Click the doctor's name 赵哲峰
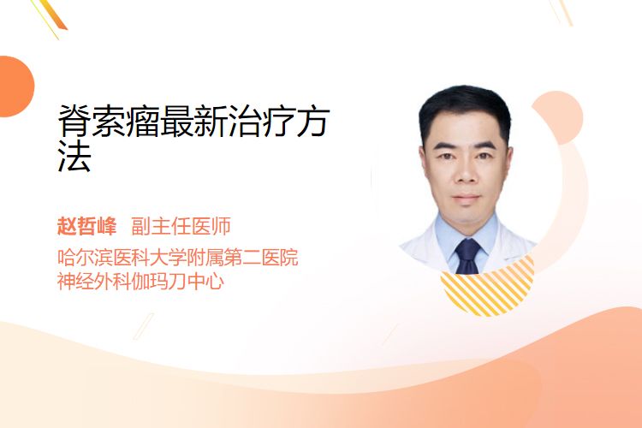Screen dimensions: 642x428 click(86, 226)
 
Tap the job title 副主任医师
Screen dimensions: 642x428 click(181, 226)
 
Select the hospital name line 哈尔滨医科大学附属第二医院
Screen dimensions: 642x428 click(178, 257)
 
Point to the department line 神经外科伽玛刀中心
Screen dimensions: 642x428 click(140, 282)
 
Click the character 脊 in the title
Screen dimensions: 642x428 click(74, 121)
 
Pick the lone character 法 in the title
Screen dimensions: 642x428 click(74, 155)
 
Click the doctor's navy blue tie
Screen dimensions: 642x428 click(468, 257)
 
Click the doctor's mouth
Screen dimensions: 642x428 click(467, 198)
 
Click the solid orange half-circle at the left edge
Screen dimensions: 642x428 click(16, 86)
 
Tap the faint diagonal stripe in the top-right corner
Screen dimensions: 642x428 click(562, 11)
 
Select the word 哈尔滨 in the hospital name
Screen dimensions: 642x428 click(85, 257)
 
